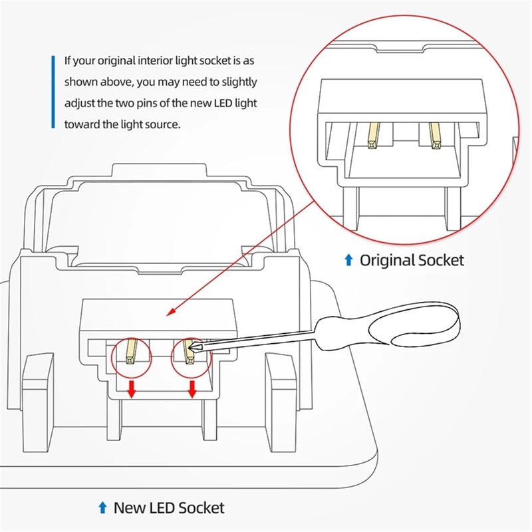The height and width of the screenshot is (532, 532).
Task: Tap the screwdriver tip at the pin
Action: (194, 347)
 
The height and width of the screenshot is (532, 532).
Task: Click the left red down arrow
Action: (131, 390)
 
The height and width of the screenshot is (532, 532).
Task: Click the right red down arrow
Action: (192, 390)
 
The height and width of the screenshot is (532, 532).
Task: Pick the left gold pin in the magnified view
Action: (373, 135)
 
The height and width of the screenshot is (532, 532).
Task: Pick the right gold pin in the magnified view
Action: (435, 135)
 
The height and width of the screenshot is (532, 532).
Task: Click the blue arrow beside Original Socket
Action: (348, 260)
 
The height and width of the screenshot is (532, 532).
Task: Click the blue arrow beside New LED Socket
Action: (102, 509)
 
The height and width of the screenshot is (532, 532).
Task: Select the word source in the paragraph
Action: (163, 124)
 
